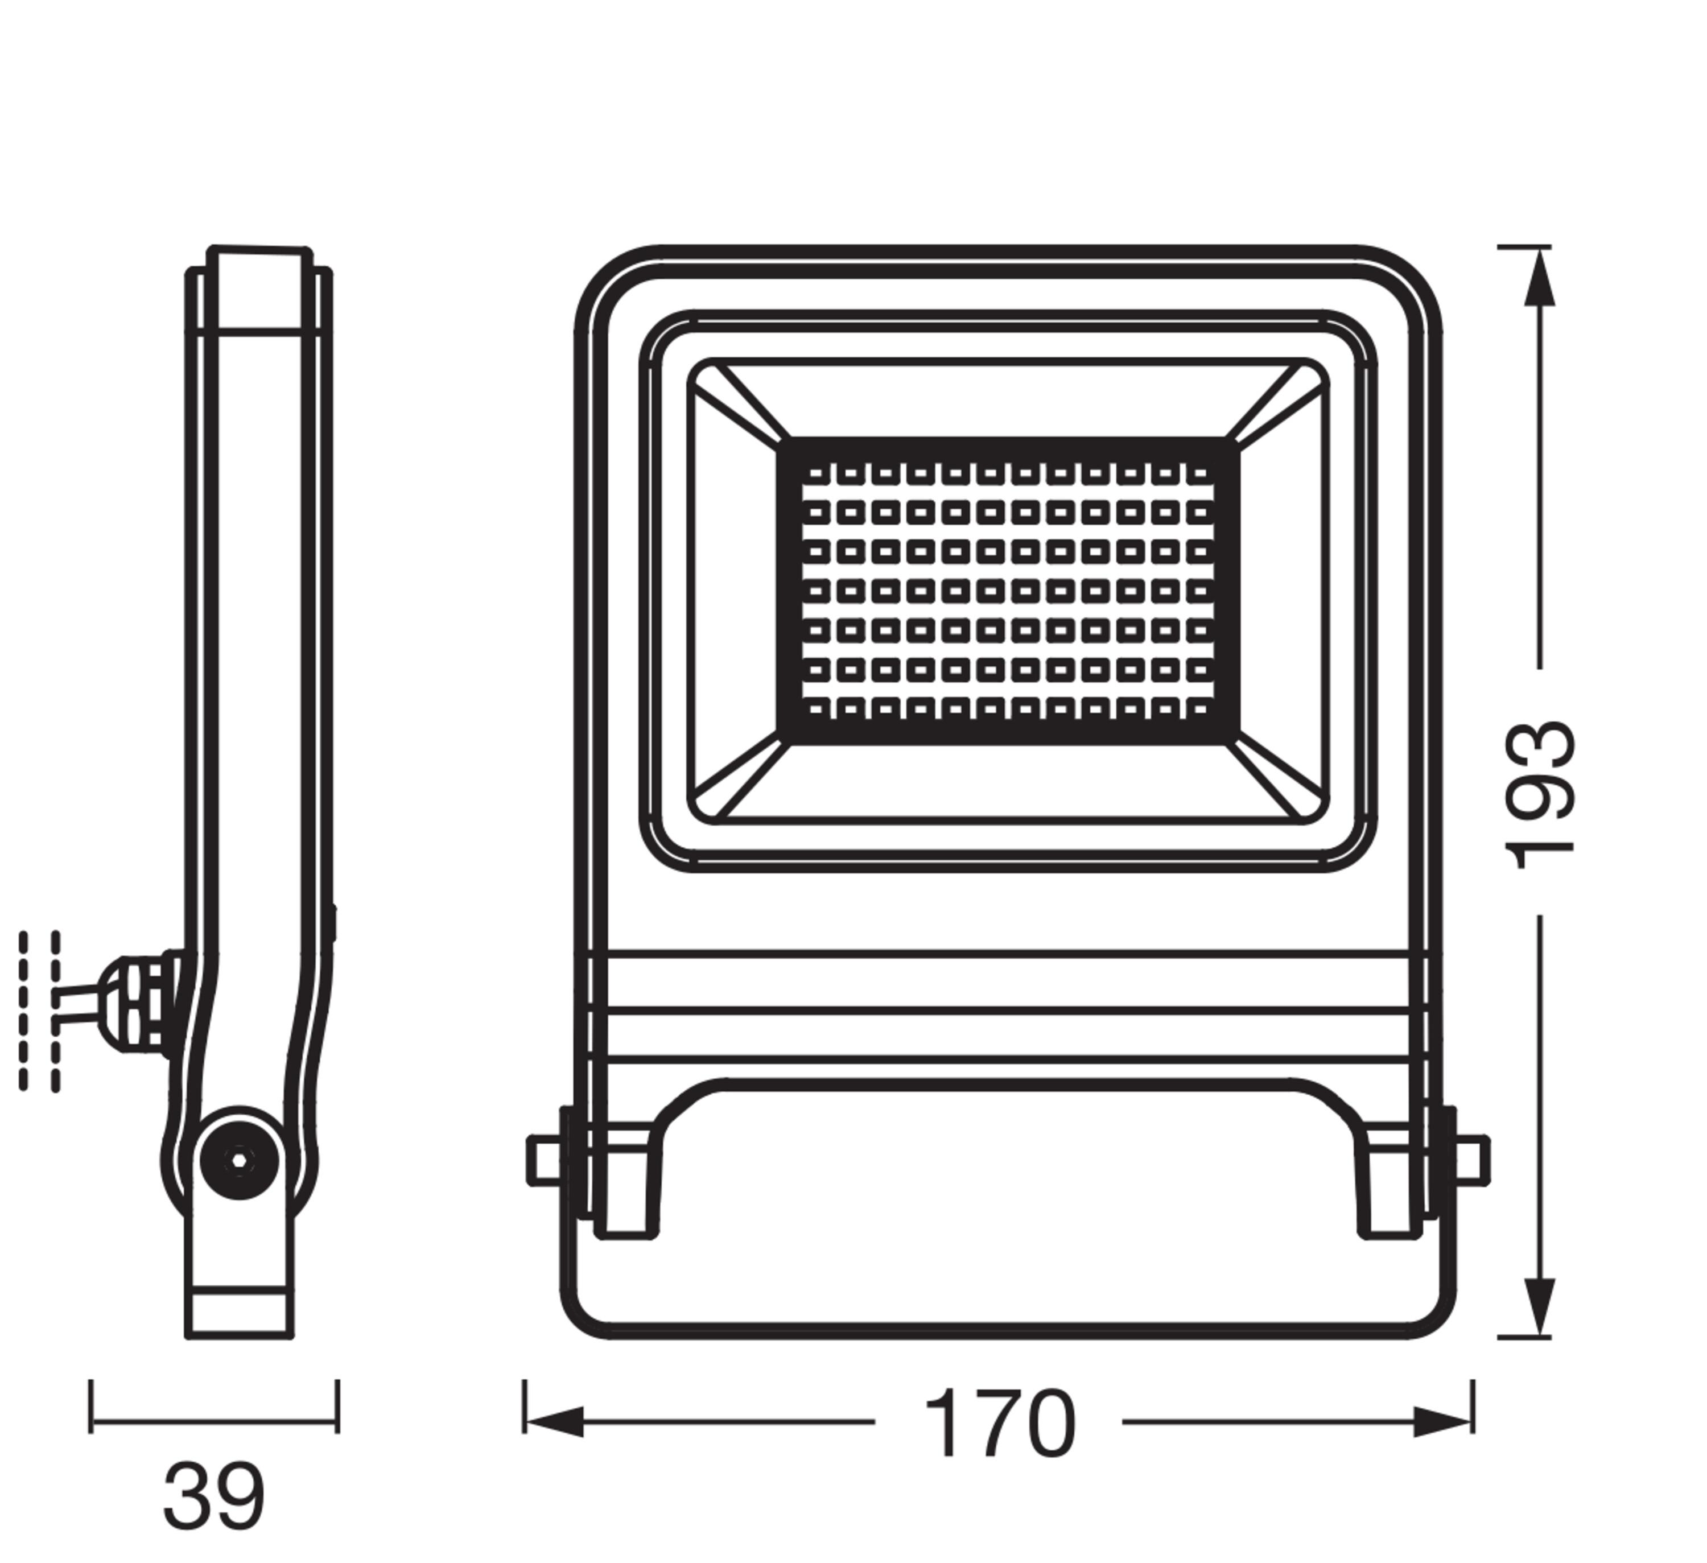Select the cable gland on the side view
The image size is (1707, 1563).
[140, 1003]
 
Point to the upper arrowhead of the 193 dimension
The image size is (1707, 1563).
[1539, 279]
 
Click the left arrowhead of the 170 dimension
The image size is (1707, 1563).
[555, 1422]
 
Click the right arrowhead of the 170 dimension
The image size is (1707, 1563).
[1443, 1422]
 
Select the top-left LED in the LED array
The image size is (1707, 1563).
[817, 475]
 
